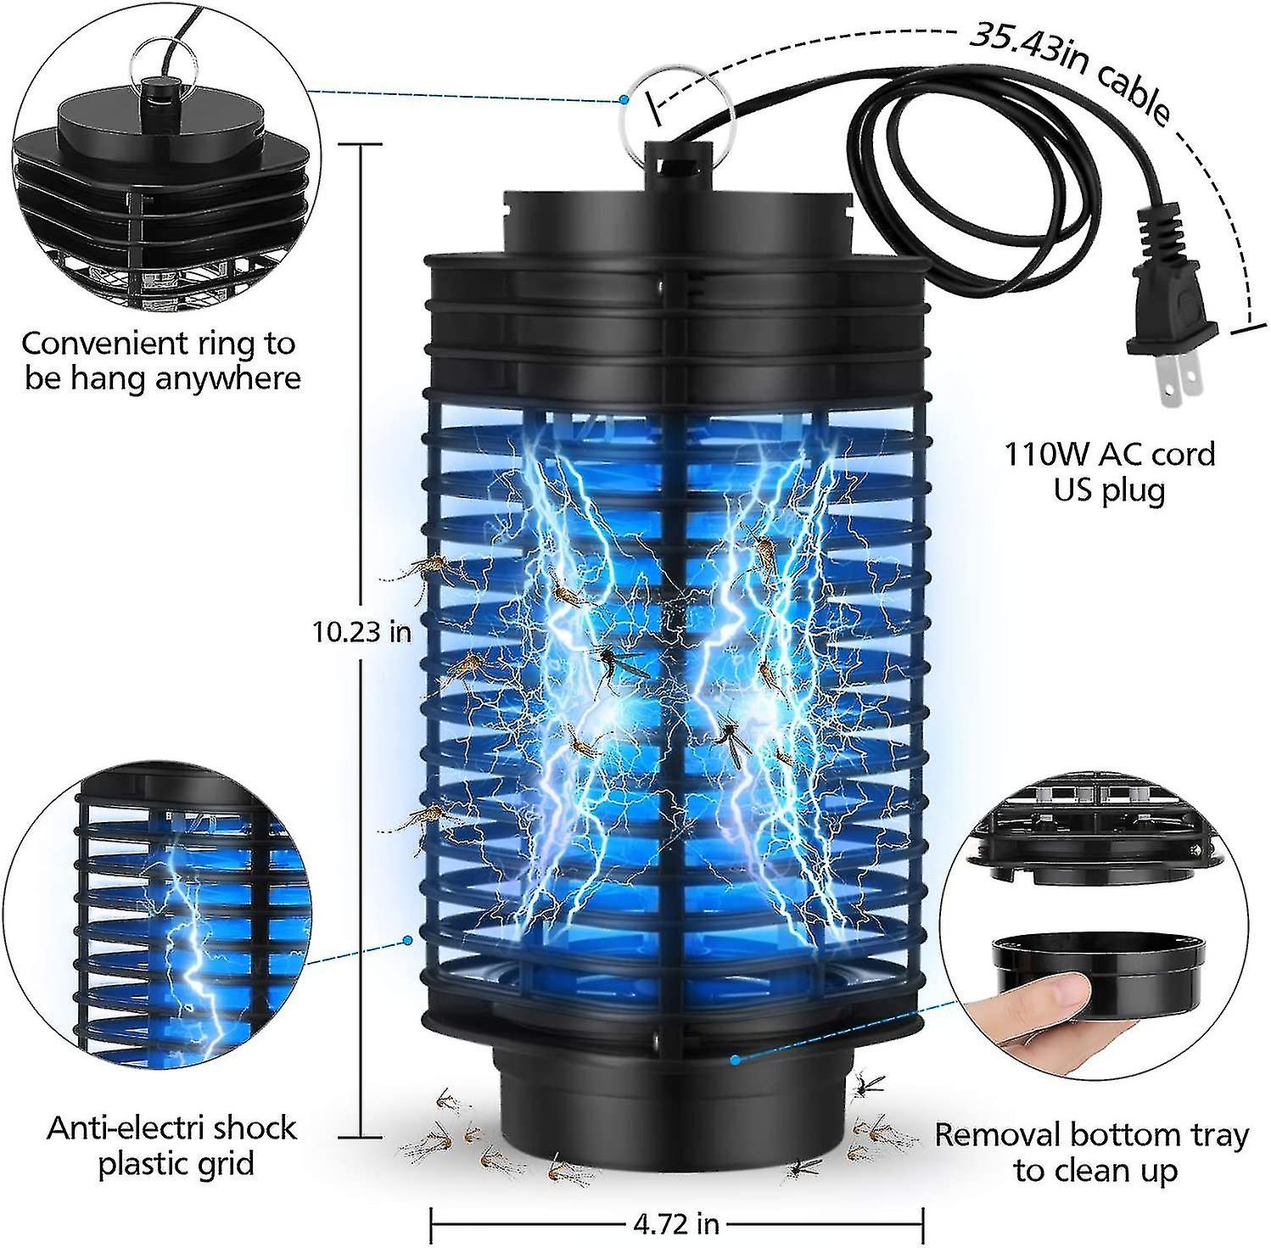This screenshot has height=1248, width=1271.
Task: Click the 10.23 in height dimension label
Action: (361, 632)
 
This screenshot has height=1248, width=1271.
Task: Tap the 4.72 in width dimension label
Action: (675, 1223)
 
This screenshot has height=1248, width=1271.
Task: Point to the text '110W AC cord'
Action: (1110, 455)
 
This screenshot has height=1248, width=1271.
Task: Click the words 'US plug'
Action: (1110, 490)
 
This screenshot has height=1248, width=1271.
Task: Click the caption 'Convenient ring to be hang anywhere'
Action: (160, 361)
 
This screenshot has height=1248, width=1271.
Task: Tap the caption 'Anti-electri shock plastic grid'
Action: (172, 1145)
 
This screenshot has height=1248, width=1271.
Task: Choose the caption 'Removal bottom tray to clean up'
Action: (1092, 1152)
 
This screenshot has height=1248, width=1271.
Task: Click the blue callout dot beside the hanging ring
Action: (624, 99)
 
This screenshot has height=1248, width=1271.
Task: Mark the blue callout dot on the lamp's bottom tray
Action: (735, 1059)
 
